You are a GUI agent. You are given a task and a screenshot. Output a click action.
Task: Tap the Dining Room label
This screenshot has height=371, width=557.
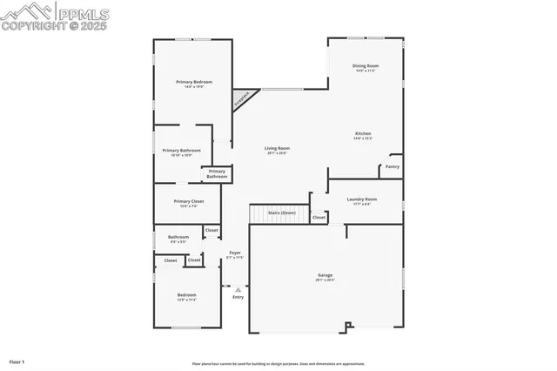tap(366, 66)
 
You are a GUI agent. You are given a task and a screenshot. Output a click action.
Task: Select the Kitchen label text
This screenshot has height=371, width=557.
tap(363, 133)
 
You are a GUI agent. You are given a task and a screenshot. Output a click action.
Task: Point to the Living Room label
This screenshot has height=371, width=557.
tap(278, 148)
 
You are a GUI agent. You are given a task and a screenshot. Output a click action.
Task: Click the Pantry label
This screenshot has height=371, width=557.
tap(393, 166)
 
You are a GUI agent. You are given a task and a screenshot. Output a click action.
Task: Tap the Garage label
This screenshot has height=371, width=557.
tap(325, 275)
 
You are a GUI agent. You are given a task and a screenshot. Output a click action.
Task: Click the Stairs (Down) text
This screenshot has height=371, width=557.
tap(281, 212)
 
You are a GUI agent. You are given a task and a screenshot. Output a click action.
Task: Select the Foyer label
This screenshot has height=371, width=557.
tap(235, 253)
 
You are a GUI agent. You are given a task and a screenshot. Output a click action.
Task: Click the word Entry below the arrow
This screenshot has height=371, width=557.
tap(238, 297)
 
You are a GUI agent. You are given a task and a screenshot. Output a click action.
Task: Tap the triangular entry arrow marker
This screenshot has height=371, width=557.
tap(238, 288)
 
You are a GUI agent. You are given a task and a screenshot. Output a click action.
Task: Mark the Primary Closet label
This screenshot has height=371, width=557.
tap(188, 202)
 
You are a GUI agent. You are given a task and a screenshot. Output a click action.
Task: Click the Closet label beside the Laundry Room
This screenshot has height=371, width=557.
tap(319, 217)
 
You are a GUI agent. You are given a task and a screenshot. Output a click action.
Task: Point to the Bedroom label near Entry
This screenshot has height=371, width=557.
tap(187, 295)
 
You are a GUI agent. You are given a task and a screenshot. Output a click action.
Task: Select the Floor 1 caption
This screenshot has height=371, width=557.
tap(17, 361)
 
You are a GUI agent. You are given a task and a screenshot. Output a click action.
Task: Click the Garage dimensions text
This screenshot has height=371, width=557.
tap(325, 280)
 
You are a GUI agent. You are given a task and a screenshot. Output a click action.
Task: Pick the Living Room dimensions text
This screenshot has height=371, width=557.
tap(278, 153)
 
